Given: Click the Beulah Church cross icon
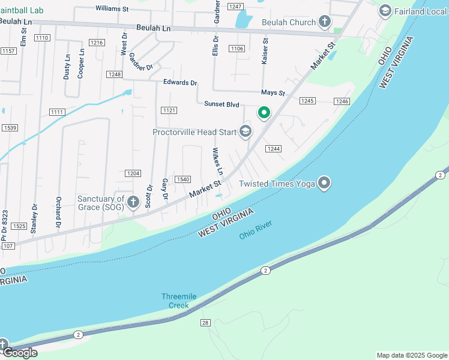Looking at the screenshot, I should pyautogui.click(x=325, y=22).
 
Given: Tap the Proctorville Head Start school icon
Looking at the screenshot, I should pyautogui.click(x=245, y=131).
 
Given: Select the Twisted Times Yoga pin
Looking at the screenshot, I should pyautogui.click(x=325, y=183).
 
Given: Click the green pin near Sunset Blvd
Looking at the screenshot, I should pyautogui.click(x=264, y=112).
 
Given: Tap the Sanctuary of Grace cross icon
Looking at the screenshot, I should pyautogui.click(x=136, y=203).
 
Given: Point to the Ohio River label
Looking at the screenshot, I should pyautogui.click(x=256, y=230).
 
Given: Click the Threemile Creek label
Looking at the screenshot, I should pyautogui.click(x=175, y=301).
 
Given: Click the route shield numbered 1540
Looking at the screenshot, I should pyautogui.click(x=182, y=179).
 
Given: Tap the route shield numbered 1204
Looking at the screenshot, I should pyautogui.click(x=133, y=173).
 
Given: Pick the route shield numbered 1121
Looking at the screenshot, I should pyautogui.click(x=169, y=110).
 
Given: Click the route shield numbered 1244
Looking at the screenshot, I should pyautogui.click(x=274, y=149).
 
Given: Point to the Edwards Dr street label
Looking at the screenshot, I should pyautogui.click(x=180, y=83).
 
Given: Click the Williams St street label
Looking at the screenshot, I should pyautogui.click(x=112, y=9).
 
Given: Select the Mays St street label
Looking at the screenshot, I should pyautogui.click(x=273, y=93).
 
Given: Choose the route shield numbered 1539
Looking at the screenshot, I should pyautogui.click(x=10, y=128).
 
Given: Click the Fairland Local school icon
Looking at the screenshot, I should pyautogui.click(x=385, y=11).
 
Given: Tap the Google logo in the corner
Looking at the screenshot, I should pyautogui.click(x=20, y=352).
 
